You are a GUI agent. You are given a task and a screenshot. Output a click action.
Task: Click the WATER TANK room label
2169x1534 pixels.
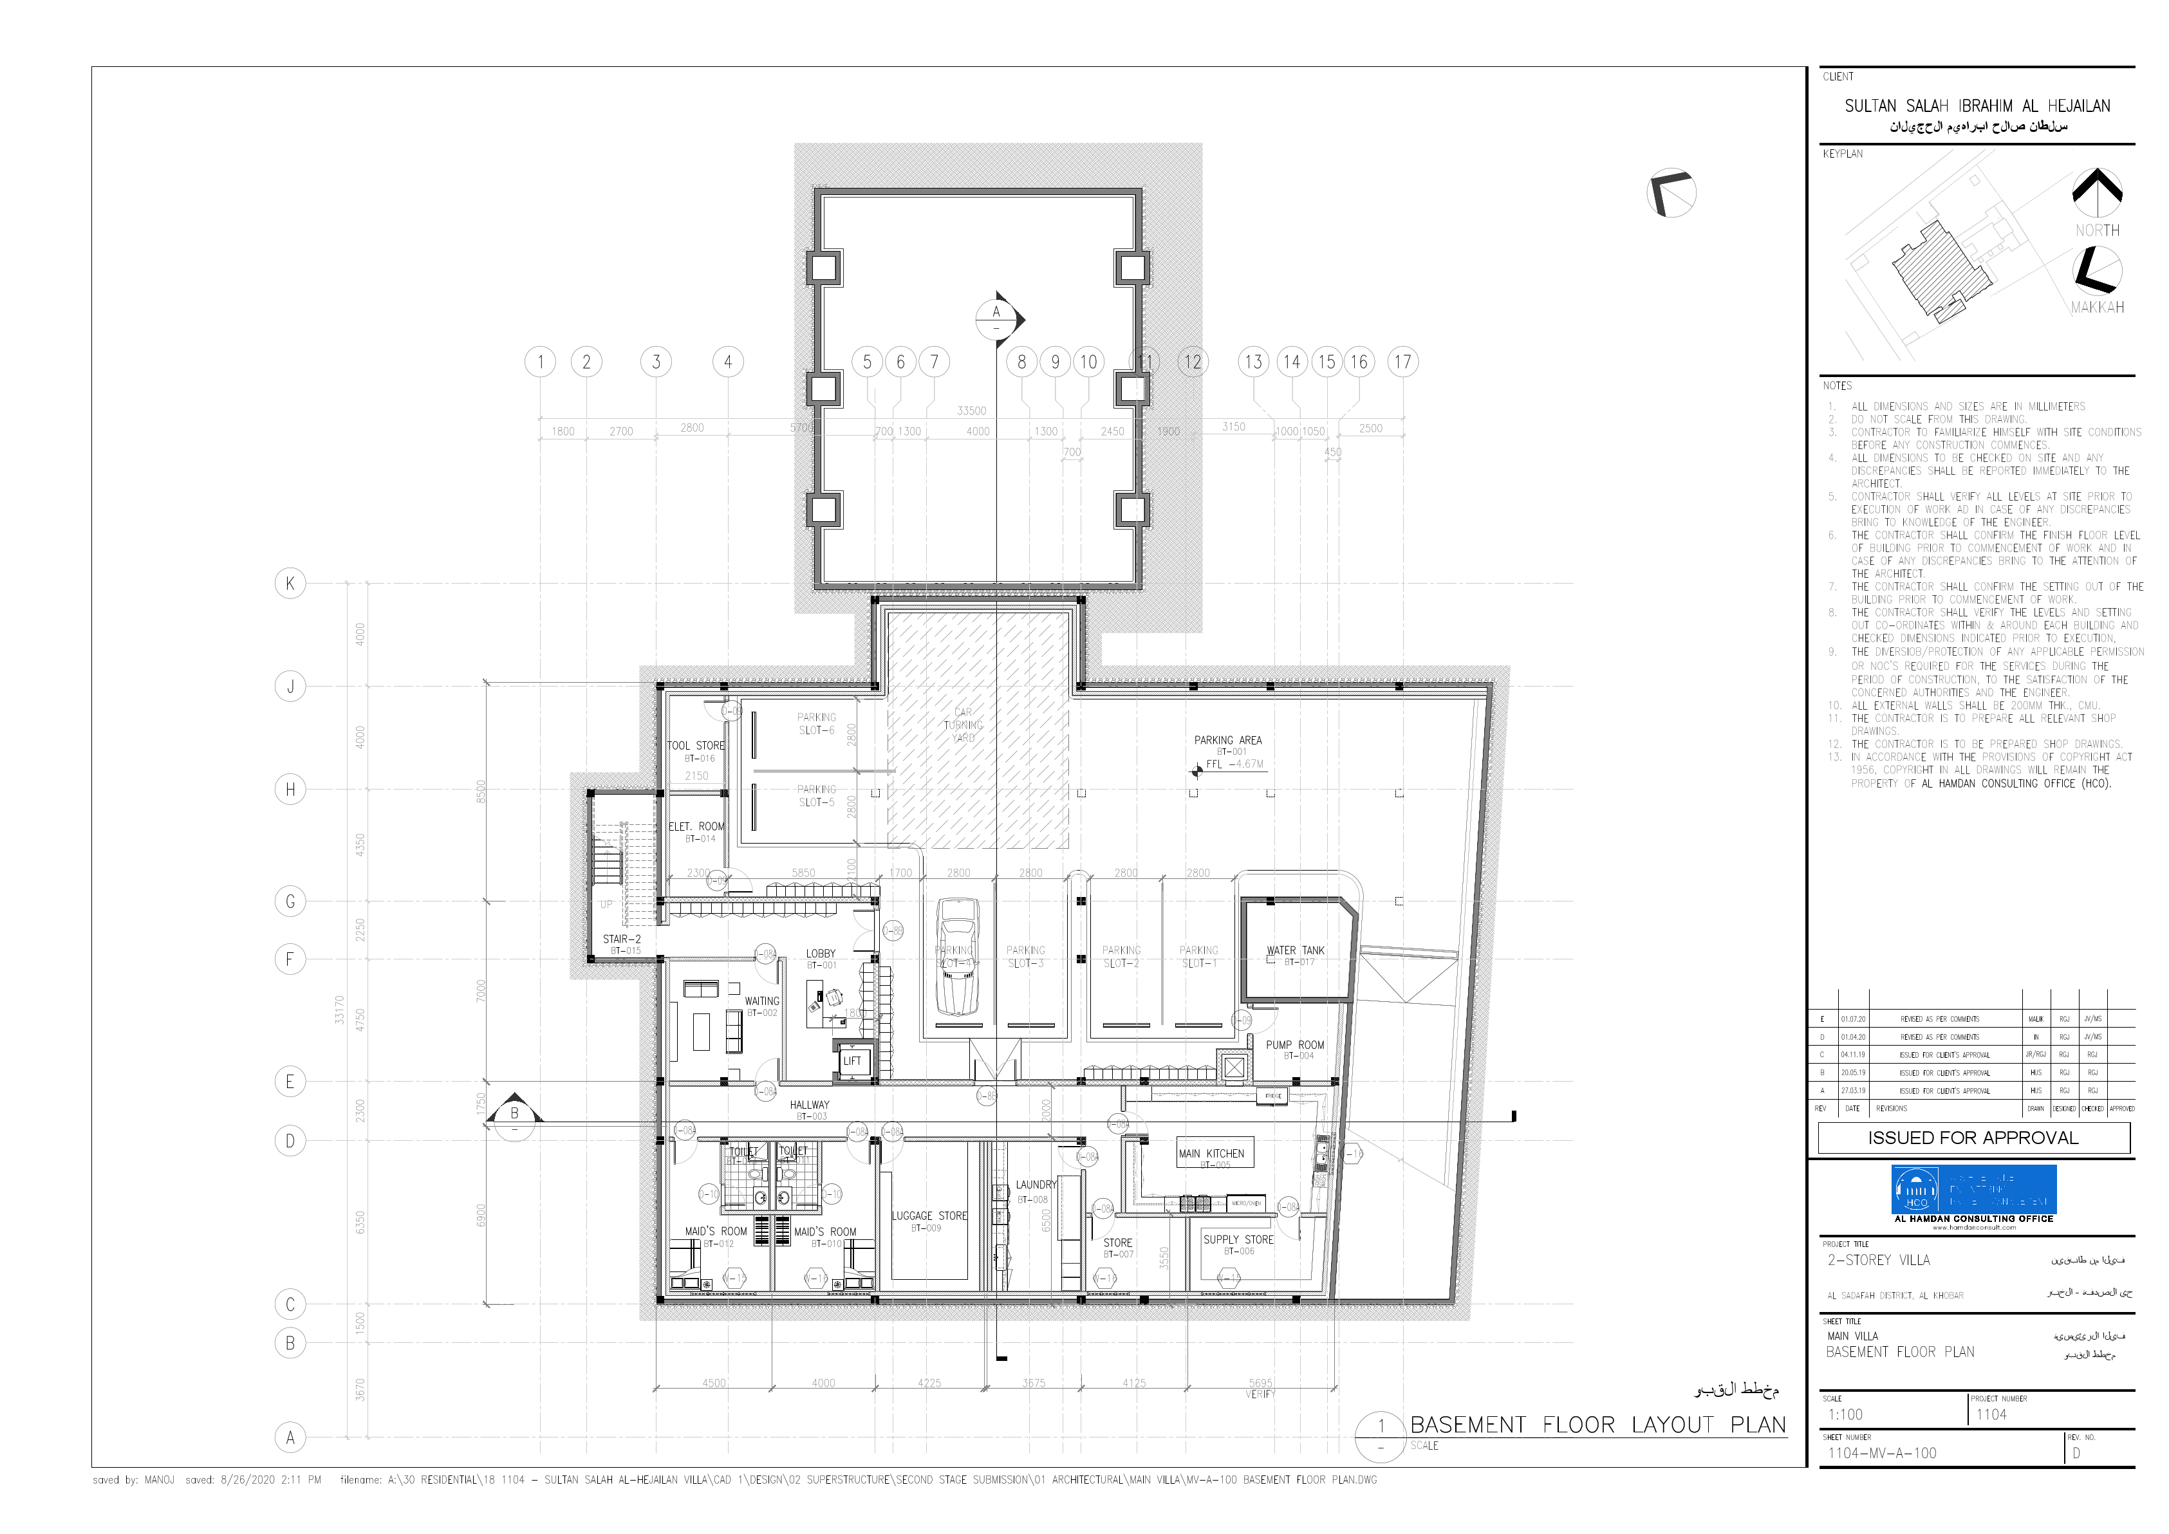(x=1295, y=950)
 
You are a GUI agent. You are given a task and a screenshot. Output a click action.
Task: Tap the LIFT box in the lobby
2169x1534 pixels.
(x=852, y=1061)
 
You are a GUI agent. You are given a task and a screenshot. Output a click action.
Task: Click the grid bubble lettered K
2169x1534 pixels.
(x=290, y=583)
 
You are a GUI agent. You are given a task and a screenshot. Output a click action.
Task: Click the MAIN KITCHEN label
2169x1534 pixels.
(x=1211, y=1153)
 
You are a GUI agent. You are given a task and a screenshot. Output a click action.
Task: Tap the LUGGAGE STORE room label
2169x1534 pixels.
(x=929, y=1215)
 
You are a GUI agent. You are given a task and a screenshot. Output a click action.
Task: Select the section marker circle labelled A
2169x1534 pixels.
(x=995, y=319)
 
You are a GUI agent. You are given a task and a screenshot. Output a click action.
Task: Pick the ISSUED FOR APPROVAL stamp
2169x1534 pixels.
(x=1973, y=1137)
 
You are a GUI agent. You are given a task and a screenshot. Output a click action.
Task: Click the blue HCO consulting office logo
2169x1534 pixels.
(x=1973, y=1190)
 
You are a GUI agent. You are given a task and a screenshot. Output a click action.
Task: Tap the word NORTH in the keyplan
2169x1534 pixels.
(x=2096, y=230)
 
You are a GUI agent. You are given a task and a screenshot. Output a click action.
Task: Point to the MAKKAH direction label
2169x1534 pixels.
(x=2097, y=307)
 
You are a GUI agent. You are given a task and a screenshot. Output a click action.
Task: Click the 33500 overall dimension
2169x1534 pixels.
(x=971, y=411)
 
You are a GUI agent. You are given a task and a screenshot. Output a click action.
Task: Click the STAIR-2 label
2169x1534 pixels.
(x=622, y=939)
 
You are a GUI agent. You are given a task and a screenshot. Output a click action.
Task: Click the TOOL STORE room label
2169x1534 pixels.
(x=696, y=745)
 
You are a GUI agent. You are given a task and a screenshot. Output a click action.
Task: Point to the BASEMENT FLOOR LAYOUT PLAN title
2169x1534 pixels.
(x=1597, y=1425)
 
